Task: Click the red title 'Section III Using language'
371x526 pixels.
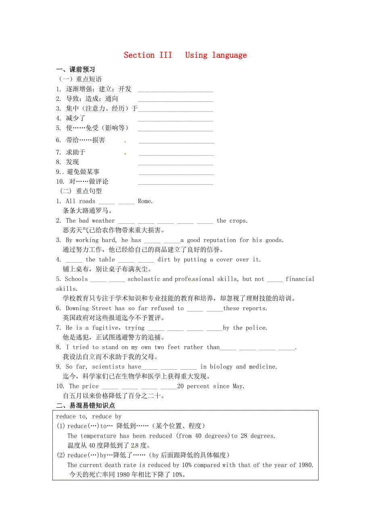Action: [x=185, y=55]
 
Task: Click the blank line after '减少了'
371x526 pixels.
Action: [x=175, y=120]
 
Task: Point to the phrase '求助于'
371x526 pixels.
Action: [x=76, y=152]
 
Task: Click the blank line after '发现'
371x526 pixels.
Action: [x=175, y=164]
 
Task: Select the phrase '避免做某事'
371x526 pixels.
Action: [x=83, y=172]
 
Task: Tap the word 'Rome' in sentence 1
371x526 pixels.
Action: [x=144, y=201]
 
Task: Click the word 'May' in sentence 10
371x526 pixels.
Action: [x=238, y=386]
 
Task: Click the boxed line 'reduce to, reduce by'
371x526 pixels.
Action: [x=89, y=417]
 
